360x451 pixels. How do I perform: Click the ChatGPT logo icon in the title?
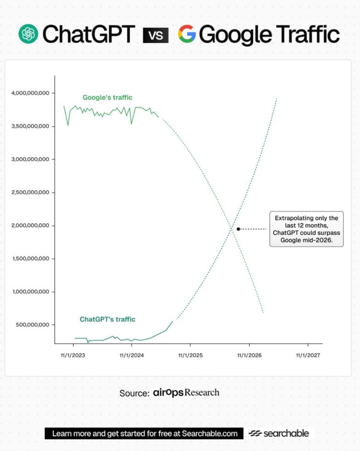pos(28,34)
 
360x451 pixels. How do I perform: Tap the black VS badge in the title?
pos(156,35)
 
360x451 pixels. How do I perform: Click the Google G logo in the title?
pos(187,34)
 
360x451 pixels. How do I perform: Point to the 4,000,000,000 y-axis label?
pos(30,93)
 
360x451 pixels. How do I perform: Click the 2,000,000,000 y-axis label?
pos(30,226)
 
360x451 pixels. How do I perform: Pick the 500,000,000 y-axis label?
pos(32,325)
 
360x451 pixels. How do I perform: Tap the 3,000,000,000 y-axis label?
pos(30,159)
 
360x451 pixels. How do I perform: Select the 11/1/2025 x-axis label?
pos(191,355)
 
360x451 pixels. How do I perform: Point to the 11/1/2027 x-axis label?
pos(308,355)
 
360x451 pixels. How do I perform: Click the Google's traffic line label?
pos(107,97)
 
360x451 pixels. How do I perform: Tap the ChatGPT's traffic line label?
pos(107,319)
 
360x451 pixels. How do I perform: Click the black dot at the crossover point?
pos(238,228)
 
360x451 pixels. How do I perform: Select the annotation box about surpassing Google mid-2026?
pos(306,229)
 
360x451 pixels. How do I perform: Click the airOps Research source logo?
pos(186,393)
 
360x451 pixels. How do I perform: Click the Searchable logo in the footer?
pos(279,433)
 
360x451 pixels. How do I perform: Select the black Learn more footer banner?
pos(144,433)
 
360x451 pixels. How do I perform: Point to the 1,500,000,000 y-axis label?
pos(30,259)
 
